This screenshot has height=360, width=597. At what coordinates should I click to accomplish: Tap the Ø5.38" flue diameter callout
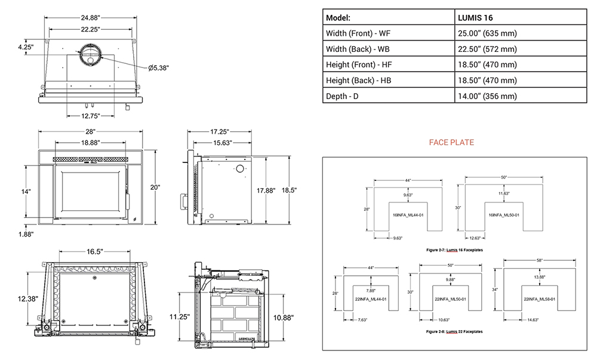(159, 67)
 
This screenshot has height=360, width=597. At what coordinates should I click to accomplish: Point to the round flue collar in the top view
(91, 53)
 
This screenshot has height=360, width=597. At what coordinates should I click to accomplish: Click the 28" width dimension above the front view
(90, 131)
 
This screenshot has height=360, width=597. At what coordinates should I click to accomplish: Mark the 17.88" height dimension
(266, 190)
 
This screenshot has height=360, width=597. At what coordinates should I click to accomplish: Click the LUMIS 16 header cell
(476, 18)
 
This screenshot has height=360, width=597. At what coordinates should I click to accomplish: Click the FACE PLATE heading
(451, 143)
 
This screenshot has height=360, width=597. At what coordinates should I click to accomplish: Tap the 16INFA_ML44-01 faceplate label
(408, 214)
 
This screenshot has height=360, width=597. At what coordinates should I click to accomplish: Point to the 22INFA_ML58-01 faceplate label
(540, 299)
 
